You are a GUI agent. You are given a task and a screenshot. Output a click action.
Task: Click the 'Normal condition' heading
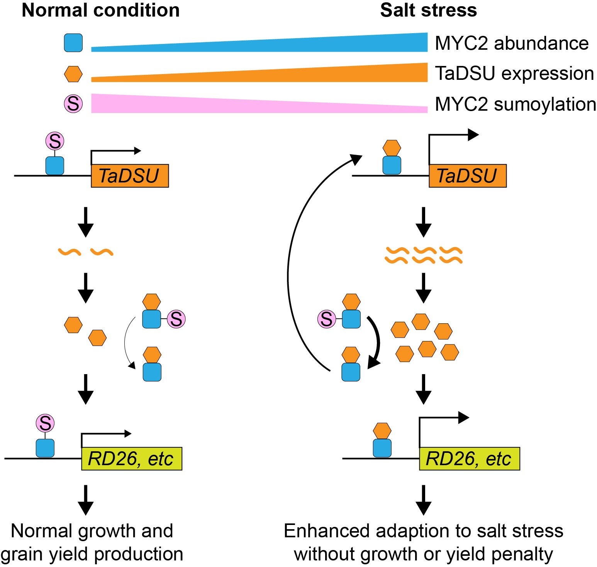pyautogui.click(x=100, y=10)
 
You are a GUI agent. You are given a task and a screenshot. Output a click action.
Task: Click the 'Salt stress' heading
pyautogui.click(x=428, y=10)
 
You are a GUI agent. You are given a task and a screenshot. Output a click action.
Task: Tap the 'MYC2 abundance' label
pyautogui.click(x=511, y=43)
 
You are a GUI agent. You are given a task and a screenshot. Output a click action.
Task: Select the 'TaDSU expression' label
pyautogui.click(x=514, y=73)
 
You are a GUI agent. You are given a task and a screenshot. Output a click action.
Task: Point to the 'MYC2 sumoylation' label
pyautogui.click(x=515, y=104)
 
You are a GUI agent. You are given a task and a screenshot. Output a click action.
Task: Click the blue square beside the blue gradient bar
pyautogui.click(x=73, y=43)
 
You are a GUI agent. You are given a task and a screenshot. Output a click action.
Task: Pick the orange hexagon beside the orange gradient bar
pyautogui.click(x=73, y=74)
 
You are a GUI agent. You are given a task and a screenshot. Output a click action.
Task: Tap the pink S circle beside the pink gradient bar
pyautogui.click(x=73, y=103)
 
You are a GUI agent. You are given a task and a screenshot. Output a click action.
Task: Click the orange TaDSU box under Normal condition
pyautogui.click(x=130, y=176)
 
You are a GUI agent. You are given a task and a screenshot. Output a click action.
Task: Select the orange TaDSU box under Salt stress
pyautogui.click(x=467, y=176)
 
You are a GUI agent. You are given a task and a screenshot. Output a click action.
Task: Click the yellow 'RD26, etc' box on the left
pyautogui.click(x=131, y=459)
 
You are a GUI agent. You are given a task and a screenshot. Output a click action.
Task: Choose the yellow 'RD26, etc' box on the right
pyautogui.click(x=469, y=459)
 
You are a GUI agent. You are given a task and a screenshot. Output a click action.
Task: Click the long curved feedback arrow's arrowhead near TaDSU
pyautogui.click(x=356, y=159)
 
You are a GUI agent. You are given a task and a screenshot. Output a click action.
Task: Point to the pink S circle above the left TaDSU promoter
pyautogui.click(x=55, y=141)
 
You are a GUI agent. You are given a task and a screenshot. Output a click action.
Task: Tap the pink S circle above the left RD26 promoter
pyautogui.click(x=45, y=423)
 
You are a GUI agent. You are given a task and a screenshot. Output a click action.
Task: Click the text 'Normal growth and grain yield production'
pyautogui.click(x=92, y=542)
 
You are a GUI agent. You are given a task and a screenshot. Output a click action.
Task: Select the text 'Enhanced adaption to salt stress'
pyautogui.click(x=423, y=531)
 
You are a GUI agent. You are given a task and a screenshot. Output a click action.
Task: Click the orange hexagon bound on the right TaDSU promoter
pyautogui.click(x=392, y=148)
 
